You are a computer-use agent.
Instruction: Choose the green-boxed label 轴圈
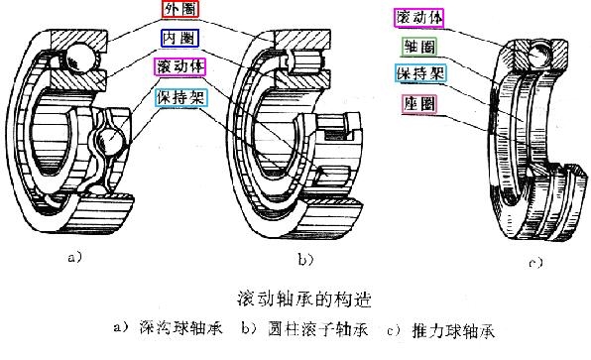click(x=417, y=47)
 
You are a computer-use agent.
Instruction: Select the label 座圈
click(x=417, y=103)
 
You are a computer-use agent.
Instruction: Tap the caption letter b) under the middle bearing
click(x=304, y=259)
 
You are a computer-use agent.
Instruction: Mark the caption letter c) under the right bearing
click(x=534, y=264)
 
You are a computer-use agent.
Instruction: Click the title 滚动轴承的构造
click(x=300, y=298)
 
